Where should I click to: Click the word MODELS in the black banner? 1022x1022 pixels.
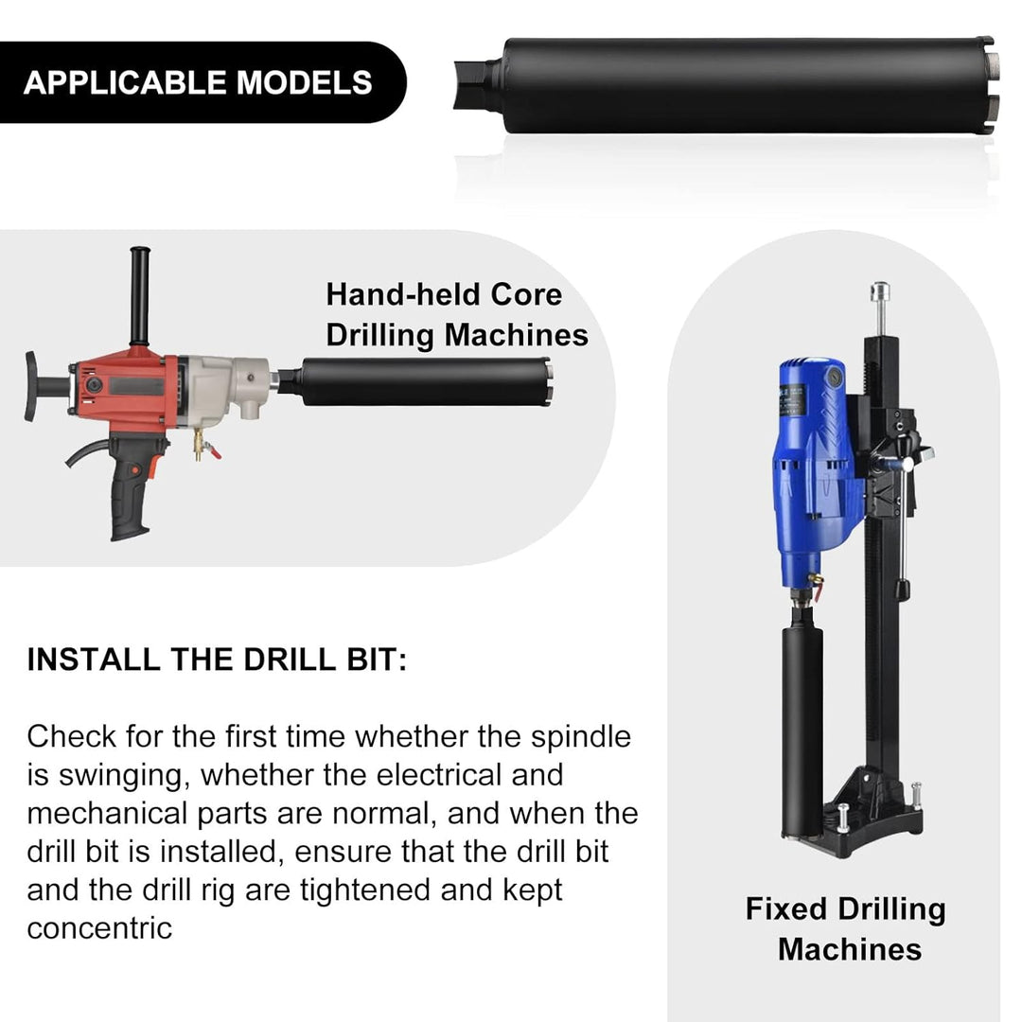coord(304,82)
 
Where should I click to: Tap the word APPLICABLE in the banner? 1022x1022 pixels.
coord(125,82)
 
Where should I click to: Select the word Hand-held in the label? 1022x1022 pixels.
coord(403,294)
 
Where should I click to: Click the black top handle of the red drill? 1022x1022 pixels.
coord(139,295)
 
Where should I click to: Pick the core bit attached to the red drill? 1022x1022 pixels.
coord(417,381)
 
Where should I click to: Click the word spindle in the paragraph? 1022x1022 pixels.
coord(581,737)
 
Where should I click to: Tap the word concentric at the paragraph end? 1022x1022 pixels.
coord(99,928)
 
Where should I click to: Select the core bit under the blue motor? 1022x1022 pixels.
coord(802,730)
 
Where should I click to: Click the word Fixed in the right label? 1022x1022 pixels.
coord(786,908)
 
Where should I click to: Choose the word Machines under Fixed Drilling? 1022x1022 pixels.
coord(850,949)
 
